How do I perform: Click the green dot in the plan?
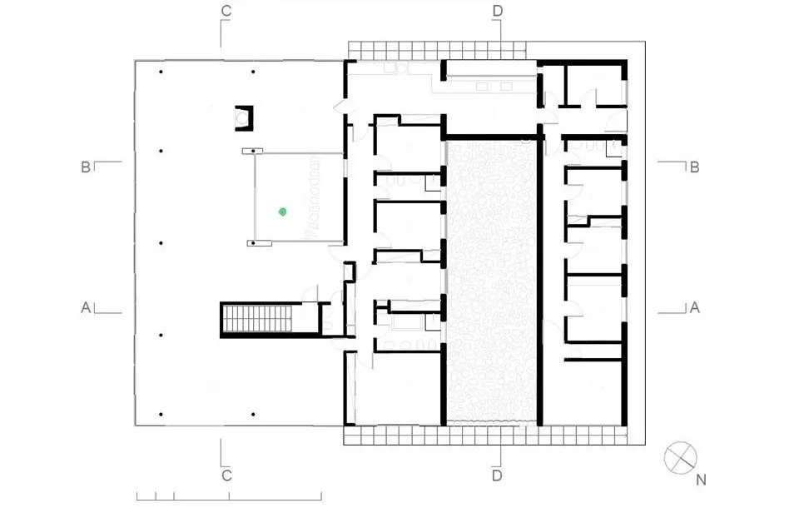[283, 212]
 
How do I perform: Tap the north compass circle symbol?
[680, 457]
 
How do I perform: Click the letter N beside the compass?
[701, 480]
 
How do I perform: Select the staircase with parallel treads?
[257, 318]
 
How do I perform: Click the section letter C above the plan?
[226, 11]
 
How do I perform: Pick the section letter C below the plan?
[226, 476]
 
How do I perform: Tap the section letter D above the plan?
[498, 11]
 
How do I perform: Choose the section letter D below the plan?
[498, 476]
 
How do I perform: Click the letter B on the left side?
[86, 167]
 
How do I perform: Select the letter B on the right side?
[694, 167]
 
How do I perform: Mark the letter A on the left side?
[86, 307]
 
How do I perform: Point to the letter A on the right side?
[694, 307]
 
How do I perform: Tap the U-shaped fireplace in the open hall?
[244, 117]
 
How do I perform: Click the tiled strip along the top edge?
[437, 51]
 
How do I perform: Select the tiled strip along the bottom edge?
[485, 435]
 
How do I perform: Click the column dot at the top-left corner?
[161, 72]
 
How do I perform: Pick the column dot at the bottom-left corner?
[161, 415]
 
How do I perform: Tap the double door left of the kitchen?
[340, 107]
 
